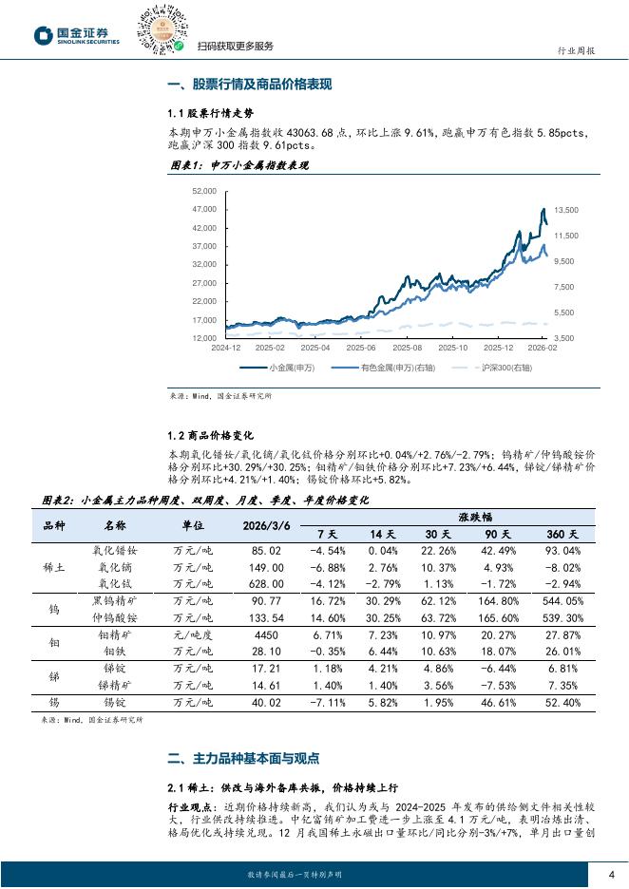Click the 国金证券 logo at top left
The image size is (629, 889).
click(x=77, y=36)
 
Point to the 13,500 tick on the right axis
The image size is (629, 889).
click(x=566, y=210)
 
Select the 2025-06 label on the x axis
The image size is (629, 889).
click(x=360, y=348)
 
